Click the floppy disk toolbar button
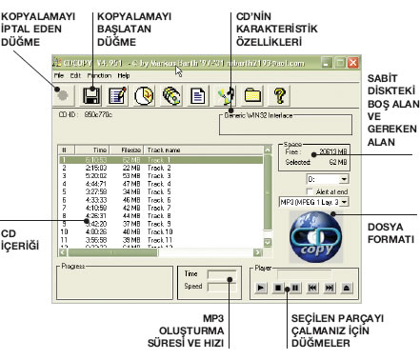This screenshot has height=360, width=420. pyautogui.click(x=91, y=94)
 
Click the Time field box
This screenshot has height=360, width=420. pyautogui.click(x=221, y=273)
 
